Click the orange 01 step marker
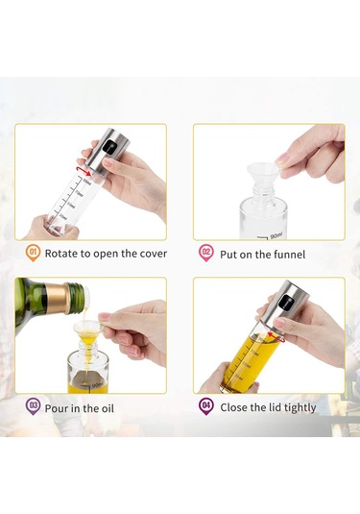tap(32, 254)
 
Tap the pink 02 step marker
tap(205, 254)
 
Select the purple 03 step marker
tap(32, 406)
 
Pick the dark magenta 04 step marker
tap(205, 406)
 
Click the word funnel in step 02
tap(284, 255)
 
